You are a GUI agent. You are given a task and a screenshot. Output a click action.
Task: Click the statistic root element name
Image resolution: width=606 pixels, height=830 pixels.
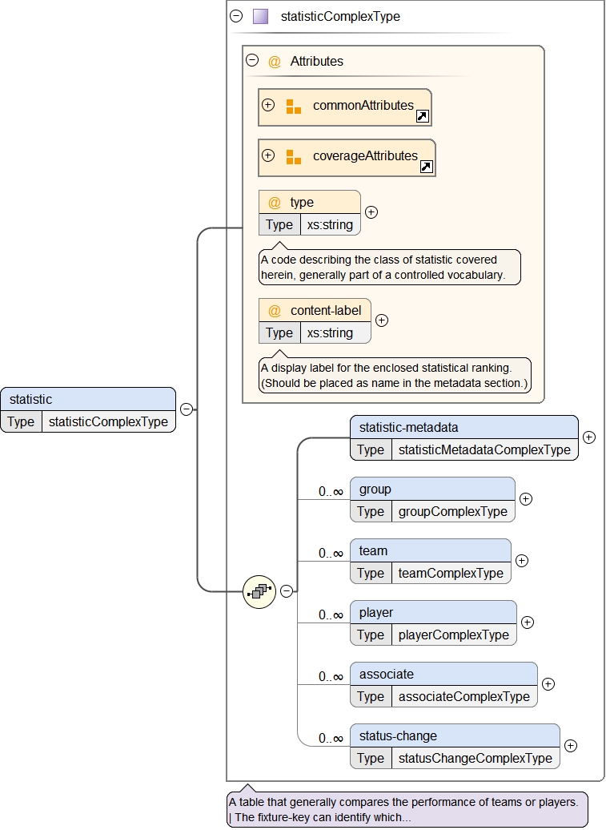coord(30,399)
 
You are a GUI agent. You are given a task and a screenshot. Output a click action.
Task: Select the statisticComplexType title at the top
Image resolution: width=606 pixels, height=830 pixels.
coord(340,16)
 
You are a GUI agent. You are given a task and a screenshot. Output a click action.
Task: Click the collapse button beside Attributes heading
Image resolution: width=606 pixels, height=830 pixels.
coord(252,60)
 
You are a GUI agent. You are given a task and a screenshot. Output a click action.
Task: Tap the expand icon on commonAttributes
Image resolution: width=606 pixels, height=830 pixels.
coord(268,105)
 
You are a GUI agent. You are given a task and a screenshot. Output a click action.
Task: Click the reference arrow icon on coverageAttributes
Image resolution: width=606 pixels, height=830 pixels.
coord(426,167)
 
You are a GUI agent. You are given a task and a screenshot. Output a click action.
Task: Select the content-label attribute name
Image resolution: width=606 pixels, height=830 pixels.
coord(326,310)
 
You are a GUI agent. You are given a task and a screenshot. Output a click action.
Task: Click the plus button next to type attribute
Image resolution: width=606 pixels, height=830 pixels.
coord(371,212)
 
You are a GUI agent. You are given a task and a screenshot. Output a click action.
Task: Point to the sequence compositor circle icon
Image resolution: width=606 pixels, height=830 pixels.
coord(259,592)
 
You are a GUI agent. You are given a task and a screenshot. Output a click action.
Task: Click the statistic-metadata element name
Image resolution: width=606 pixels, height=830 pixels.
coord(408,427)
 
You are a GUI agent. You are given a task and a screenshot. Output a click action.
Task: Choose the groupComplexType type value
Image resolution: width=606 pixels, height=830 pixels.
coord(452,511)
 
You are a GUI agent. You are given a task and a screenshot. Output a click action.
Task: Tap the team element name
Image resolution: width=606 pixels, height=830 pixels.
coord(373,550)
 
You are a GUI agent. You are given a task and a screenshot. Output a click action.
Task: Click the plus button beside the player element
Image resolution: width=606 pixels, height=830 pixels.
coord(527,622)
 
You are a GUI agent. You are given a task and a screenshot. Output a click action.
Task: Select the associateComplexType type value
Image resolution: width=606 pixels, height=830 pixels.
coord(464,696)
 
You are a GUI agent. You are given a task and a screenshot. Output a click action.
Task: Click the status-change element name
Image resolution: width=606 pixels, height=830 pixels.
coord(398,735)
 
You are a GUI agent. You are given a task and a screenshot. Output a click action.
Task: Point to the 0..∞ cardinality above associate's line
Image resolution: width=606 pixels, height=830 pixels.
coord(331,676)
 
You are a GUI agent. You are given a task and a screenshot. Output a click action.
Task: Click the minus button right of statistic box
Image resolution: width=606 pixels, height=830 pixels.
coord(186,409)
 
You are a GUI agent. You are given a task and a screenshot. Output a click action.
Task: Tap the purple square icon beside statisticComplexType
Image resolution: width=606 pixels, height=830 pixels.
coord(260,16)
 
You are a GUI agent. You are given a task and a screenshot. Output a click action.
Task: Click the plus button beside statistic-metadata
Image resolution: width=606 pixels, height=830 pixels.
coord(589,437)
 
